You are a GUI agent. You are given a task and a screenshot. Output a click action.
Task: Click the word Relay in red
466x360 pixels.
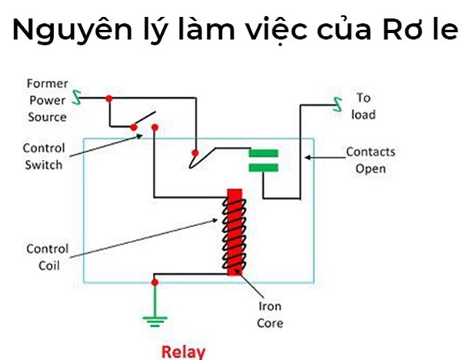[x=183, y=352]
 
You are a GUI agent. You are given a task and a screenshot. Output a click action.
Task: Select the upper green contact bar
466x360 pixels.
[x=263, y=152]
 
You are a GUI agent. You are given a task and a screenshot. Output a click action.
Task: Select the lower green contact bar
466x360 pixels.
[x=263, y=167]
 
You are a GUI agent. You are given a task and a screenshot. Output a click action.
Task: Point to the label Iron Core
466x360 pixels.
[x=269, y=315]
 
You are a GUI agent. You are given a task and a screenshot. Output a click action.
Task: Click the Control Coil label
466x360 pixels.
[x=47, y=257]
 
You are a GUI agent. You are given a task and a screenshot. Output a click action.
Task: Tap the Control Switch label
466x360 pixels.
[x=44, y=155]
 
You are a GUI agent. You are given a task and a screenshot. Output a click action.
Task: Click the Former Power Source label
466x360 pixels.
[x=47, y=100]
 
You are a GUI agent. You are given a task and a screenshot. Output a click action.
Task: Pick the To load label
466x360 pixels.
[x=364, y=106]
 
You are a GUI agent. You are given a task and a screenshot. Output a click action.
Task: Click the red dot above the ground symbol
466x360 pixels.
[x=155, y=282]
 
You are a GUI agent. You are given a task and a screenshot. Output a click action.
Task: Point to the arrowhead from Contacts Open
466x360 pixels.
[x=308, y=158]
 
